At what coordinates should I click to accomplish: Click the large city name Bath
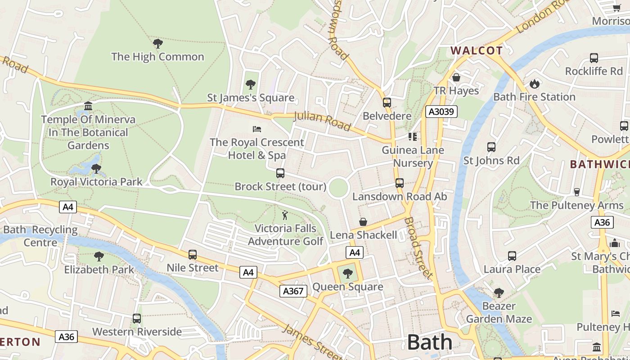(429, 342)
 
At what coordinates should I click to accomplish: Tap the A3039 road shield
(441, 112)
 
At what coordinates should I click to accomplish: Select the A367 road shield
(293, 291)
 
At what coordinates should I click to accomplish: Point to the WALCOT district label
(477, 50)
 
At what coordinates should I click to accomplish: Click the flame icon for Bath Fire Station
(534, 84)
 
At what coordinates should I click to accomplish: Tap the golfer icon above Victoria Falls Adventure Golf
(284, 215)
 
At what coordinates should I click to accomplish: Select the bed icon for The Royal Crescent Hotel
(257, 129)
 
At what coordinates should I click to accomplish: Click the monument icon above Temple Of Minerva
(88, 106)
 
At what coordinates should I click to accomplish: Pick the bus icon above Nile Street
(193, 255)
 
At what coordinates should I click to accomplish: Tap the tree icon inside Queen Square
(347, 273)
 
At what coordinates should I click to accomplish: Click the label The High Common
(157, 57)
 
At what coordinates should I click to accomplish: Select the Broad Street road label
(418, 247)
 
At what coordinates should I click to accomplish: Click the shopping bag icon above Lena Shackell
(363, 222)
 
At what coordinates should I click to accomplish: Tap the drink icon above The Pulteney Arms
(576, 192)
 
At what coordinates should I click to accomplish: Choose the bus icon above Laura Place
(512, 256)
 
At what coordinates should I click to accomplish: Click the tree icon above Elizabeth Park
(99, 256)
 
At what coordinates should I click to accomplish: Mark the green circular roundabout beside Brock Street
(338, 188)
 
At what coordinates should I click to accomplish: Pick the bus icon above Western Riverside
(137, 319)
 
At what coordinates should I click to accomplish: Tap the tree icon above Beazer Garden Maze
(499, 293)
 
